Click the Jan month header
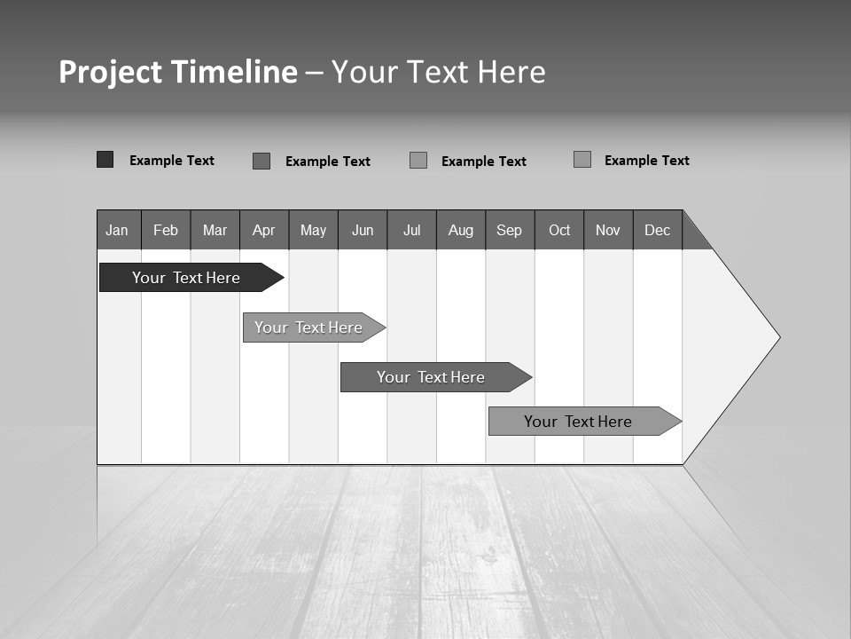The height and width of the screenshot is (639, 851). pyautogui.click(x=118, y=230)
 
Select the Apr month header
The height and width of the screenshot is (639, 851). pyautogui.click(x=264, y=230)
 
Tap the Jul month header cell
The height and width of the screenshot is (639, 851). pyautogui.click(x=411, y=230)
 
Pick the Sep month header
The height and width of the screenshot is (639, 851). pyautogui.click(x=510, y=230)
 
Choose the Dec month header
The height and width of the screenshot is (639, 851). pyautogui.click(x=657, y=230)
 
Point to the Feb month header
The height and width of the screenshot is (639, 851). pyautogui.click(x=166, y=230)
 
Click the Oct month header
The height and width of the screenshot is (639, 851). pyautogui.click(x=559, y=230)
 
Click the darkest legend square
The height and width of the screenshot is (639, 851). pyautogui.click(x=105, y=160)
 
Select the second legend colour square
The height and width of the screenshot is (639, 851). pyautogui.click(x=262, y=161)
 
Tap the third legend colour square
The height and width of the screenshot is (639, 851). pyautogui.click(x=418, y=161)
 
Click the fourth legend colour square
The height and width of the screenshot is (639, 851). pyautogui.click(x=582, y=160)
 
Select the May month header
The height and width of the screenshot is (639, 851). pyautogui.click(x=313, y=230)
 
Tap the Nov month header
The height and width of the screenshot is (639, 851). pyautogui.click(x=608, y=230)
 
